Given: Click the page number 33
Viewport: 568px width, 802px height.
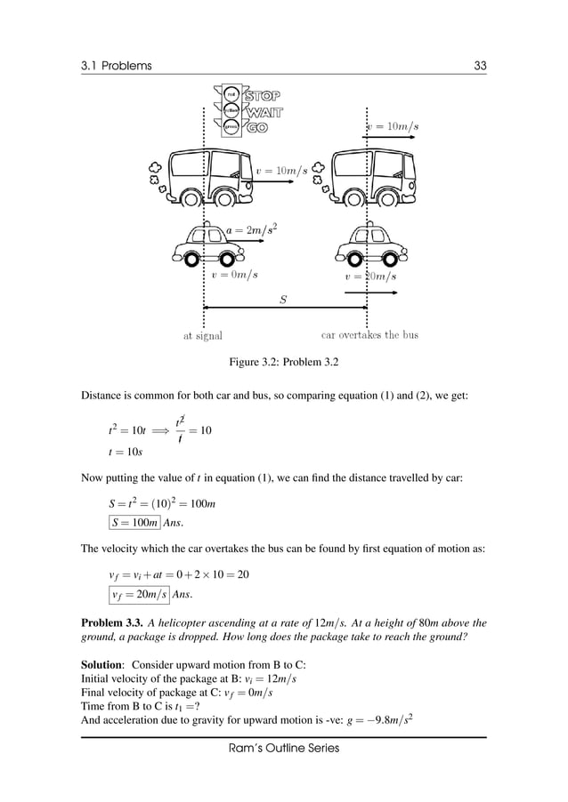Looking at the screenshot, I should click(x=480, y=65).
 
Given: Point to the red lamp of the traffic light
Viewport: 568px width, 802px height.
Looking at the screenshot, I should click(x=231, y=93).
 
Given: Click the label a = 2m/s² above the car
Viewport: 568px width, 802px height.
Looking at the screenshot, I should click(x=254, y=230).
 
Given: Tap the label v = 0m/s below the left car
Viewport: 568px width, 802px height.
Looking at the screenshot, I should click(x=235, y=276).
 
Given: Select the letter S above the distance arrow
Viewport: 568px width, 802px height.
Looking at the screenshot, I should click(x=283, y=300).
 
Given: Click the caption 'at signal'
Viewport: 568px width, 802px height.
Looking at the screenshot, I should click(x=203, y=336).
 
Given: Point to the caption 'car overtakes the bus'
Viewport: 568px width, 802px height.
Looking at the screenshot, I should click(x=369, y=335).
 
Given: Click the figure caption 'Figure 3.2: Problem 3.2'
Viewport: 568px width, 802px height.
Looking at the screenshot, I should click(x=284, y=363).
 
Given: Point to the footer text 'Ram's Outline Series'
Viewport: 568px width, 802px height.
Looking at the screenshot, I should click(x=284, y=749).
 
